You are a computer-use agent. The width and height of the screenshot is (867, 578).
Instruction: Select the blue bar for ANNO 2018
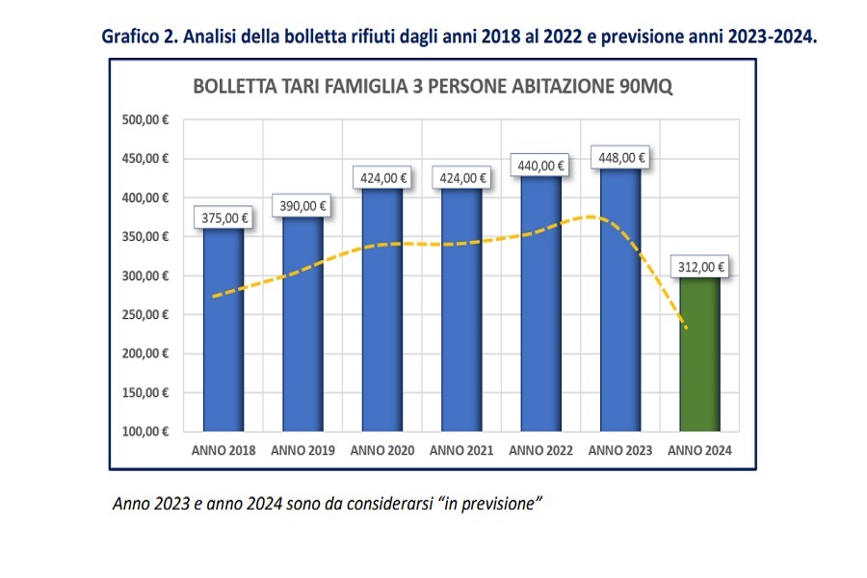(x=223, y=328)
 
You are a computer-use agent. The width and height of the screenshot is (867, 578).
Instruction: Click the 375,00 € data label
(x=223, y=218)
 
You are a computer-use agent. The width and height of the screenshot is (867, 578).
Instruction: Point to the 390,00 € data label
(x=303, y=204)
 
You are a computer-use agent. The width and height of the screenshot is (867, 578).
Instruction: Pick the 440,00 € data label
(x=540, y=165)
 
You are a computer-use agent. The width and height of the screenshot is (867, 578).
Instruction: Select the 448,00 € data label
(x=620, y=158)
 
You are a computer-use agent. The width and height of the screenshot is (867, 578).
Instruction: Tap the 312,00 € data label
(x=699, y=266)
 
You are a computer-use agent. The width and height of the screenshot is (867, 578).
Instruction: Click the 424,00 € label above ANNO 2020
(x=382, y=177)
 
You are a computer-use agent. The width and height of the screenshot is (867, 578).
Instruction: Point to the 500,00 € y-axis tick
(x=145, y=120)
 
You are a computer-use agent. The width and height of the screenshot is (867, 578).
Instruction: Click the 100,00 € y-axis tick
(x=145, y=432)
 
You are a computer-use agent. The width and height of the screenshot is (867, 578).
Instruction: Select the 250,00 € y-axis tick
(x=145, y=315)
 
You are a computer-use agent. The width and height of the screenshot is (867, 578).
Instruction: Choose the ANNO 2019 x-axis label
(x=303, y=451)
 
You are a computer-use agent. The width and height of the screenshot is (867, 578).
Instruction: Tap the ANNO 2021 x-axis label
(x=461, y=451)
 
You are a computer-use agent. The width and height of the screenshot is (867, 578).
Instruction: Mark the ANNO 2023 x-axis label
(x=620, y=451)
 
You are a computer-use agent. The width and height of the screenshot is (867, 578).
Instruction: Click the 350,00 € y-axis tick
(x=145, y=237)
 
